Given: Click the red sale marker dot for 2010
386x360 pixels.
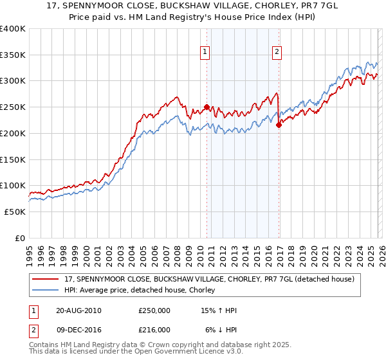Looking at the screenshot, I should tap(207, 107).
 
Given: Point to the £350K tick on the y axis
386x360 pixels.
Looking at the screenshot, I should tap(13, 55).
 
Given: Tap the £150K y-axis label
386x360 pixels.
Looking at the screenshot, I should tap(13, 159).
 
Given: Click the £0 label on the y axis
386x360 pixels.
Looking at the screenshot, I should tap(20, 238).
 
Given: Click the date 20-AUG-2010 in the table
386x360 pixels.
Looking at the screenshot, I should tap(78, 310).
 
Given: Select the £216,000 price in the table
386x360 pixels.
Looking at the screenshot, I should tap(154, 330).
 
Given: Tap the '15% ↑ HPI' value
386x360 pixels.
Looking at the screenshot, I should tap(219, 310).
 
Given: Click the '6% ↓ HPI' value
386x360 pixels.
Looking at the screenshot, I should tap(219, 330).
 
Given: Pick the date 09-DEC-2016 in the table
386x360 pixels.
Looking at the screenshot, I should tap(78, 330).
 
